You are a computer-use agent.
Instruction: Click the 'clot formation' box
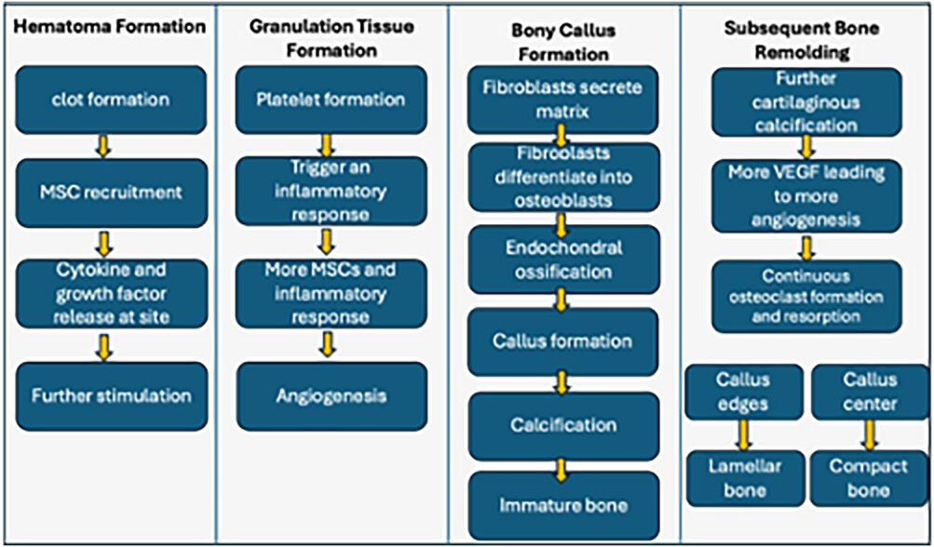111,100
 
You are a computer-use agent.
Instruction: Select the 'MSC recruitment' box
112,193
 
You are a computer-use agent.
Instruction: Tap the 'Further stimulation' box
112,396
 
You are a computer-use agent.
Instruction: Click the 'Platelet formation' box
332,100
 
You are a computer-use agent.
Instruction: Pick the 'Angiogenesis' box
332,396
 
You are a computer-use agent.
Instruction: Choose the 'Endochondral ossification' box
563,260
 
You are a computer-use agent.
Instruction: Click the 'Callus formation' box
562,341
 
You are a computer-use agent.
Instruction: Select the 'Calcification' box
563,426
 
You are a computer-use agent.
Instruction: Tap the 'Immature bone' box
563,506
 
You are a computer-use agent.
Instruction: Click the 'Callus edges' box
744,393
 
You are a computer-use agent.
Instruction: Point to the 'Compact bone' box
869,478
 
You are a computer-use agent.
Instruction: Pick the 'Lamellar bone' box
745,478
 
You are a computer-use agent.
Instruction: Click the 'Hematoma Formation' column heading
110,27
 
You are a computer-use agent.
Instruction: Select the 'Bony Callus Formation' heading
562,41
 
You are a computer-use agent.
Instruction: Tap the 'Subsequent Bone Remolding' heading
801,40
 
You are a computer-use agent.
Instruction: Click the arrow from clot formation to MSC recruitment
103,146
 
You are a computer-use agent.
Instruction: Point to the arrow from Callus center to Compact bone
870,435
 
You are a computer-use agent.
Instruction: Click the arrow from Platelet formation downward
327,145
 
